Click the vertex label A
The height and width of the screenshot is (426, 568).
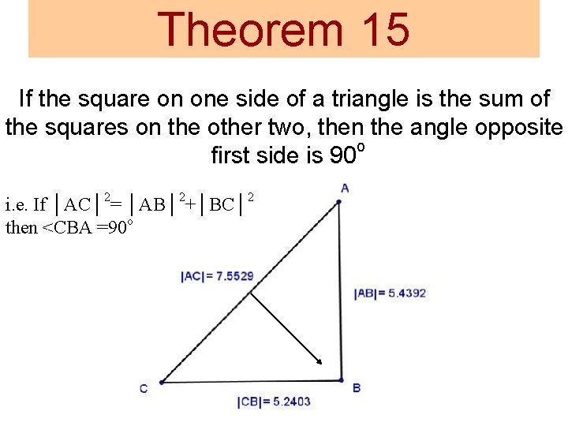[345, 188]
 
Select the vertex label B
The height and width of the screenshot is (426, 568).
[357, 388]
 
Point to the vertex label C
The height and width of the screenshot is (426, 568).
[144, 388]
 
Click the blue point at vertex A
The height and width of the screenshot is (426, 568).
[338, 202]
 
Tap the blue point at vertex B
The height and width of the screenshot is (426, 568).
[341, 380]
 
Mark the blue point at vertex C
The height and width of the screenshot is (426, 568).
[161, 382]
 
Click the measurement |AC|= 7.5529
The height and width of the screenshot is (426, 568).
[217, 276]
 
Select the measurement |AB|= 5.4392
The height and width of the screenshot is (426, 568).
[390, 293]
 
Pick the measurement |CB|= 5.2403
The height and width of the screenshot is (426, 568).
[274, 402]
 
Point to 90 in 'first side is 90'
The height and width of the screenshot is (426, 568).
[341, 155]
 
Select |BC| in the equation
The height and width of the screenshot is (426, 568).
[222, 205]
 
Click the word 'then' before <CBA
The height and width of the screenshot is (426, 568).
[21, 228]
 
